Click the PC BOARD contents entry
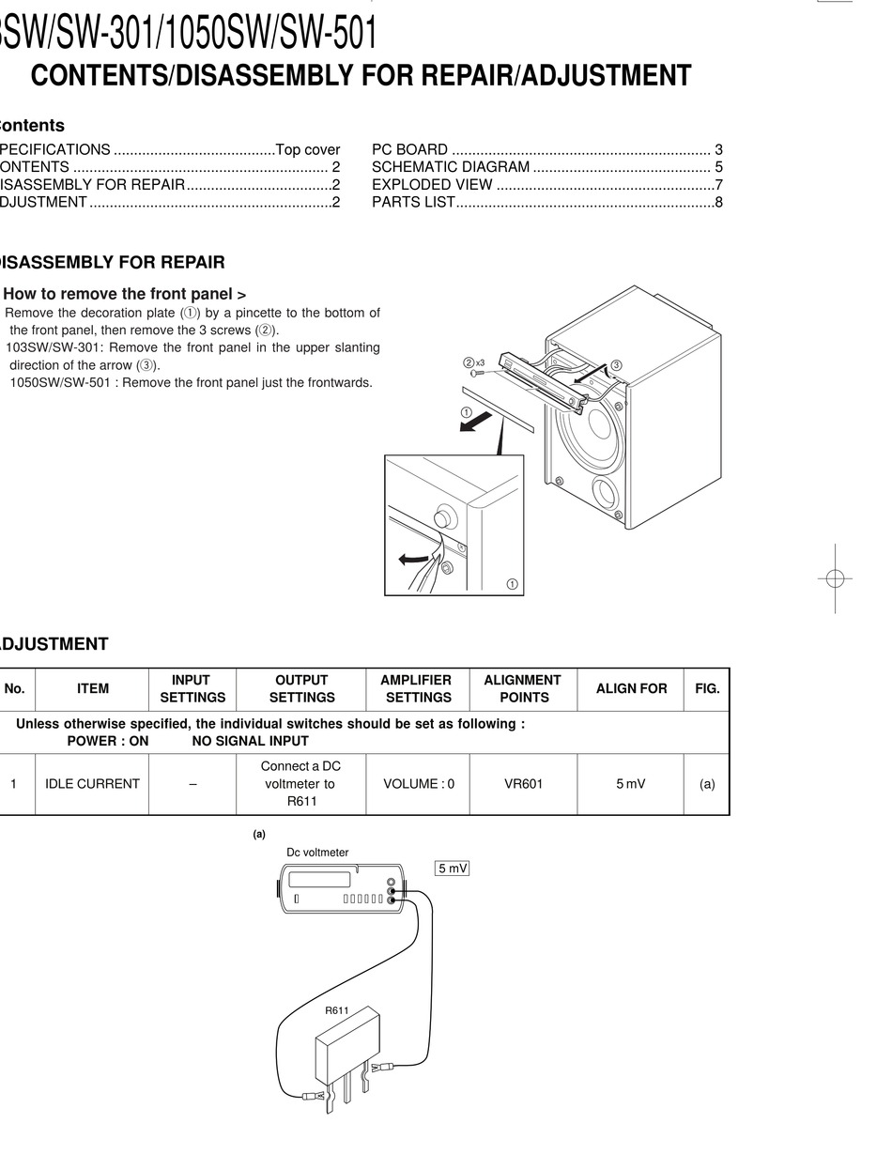click(409, 149)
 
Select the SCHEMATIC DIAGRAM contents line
click(451, 167)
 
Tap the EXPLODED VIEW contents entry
click(432, 185)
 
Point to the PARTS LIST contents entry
click(413, 202)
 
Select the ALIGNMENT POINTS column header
click(523, 688)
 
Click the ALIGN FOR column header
click(631, 688)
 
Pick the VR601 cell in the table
click(523, 783)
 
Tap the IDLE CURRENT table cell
click(92, 783)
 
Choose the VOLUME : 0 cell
click(419, 783)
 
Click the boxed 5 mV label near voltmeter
click(453, 869)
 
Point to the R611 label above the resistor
click(337, 1011)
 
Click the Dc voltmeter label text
click(317, 853)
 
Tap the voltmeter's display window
click(319, 880)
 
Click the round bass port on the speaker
click(605, 493)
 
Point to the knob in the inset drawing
click(444, 517)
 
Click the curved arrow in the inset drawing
click(413, 559)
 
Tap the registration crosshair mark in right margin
click(834, 577)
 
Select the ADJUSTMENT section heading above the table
click(54, 644)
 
